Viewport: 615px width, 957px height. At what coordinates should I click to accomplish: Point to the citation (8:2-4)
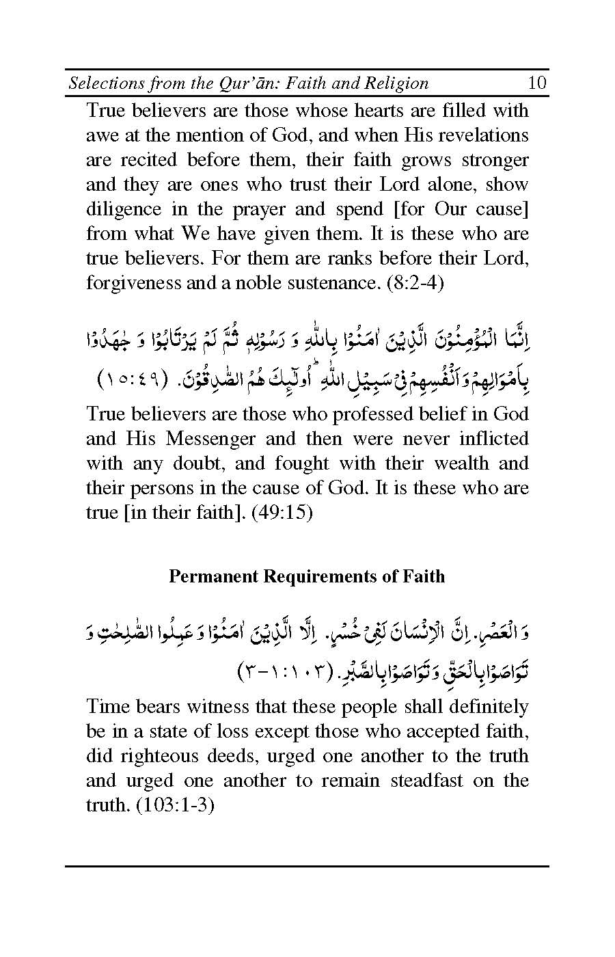point(415,282)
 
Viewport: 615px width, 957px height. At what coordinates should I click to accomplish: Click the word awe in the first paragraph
point(99,135)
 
